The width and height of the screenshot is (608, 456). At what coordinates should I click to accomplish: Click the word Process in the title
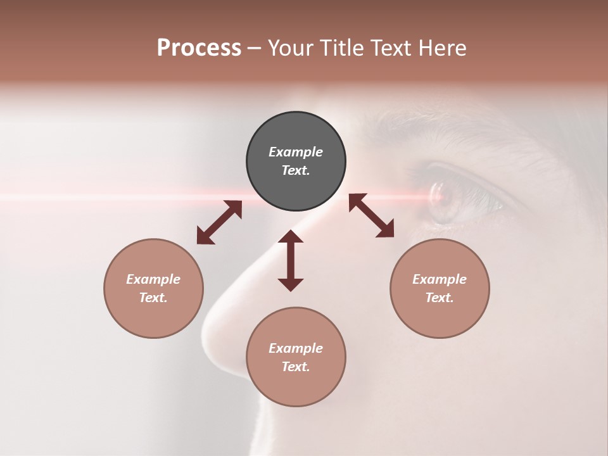[x=199, y=48]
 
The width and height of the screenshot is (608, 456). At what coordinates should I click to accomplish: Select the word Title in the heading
[x=343, y=48]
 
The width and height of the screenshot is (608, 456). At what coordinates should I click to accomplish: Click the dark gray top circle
[x=296, y=161]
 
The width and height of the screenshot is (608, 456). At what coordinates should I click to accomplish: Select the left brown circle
[x=153, y=288]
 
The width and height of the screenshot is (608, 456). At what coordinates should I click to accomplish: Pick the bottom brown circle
[x=296, y=357]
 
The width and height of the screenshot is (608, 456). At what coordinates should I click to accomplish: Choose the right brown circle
[x=440, y=288]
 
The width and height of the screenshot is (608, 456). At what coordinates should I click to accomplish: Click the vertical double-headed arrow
[x=291, y=260]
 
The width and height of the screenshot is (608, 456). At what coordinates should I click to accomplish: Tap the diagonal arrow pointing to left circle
[x=219, y=222]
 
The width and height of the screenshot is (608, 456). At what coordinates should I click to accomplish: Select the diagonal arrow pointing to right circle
[x=372, y=215]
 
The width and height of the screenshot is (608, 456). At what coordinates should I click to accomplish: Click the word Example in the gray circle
[x=296, y=152]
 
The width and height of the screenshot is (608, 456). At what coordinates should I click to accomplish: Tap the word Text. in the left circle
[x=153, y=298]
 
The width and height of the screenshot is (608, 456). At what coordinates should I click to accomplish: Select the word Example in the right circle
[x=440, y=279]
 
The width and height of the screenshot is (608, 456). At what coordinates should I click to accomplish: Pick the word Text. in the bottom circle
[x=296, y=367]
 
